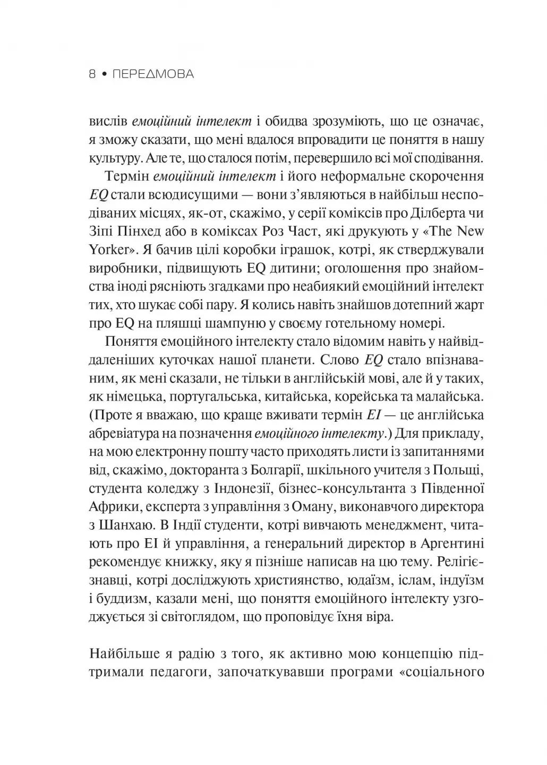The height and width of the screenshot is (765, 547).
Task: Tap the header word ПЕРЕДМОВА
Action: click(154, 75)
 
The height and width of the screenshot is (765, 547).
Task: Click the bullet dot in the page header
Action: click(105, 75)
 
